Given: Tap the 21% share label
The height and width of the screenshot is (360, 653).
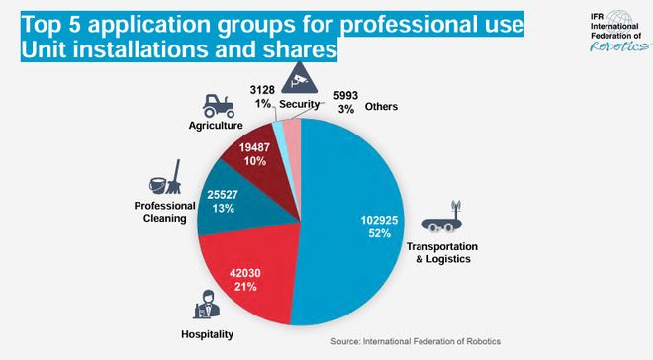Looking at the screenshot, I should click(245, 286).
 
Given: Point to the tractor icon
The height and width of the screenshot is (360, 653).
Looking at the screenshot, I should click(217, 105).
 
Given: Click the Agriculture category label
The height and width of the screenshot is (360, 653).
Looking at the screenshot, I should click(216, 126).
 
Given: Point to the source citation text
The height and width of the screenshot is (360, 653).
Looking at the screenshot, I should click(416, 341).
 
